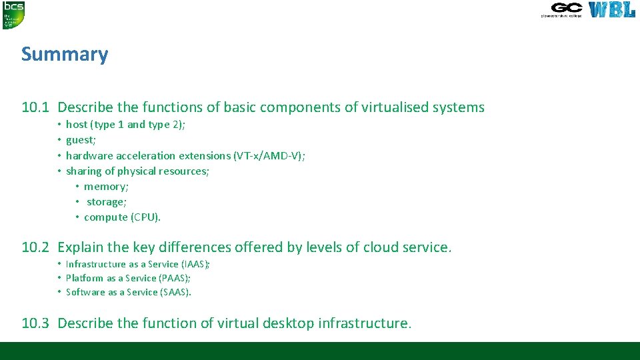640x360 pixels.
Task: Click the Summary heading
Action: pyautogui.click(x=65, y=54)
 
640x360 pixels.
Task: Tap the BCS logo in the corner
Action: pyautogui.click(x=13, y=15)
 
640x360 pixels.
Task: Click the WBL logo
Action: pyautogui.click(x=611, y=10)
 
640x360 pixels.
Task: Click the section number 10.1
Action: pyautogui.click(x=35, y=107)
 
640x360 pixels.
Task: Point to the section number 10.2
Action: pyautogui.click(x=35, y=247)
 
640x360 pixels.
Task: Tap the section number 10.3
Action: pyautogui.click(x=35, y=323)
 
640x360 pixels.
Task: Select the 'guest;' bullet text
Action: pyautogui.click(x=81, y=140)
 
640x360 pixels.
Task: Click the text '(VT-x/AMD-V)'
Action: pyautogui.click(x=269, y=155)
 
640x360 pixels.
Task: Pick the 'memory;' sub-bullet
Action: pyautogui.click(x=106, y=187)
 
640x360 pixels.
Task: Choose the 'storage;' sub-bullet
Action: pyautogui.click(x=107, y=202)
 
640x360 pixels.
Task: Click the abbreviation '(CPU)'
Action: pyautogui.click(x=145, y=217)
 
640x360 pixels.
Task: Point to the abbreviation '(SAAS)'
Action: pyautogui.click(x=177, y=292)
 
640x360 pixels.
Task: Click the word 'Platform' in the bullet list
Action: pyautogui.click(x=85, y=278)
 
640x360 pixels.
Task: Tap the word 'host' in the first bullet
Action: pyautogui.click(x=77, y=125)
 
